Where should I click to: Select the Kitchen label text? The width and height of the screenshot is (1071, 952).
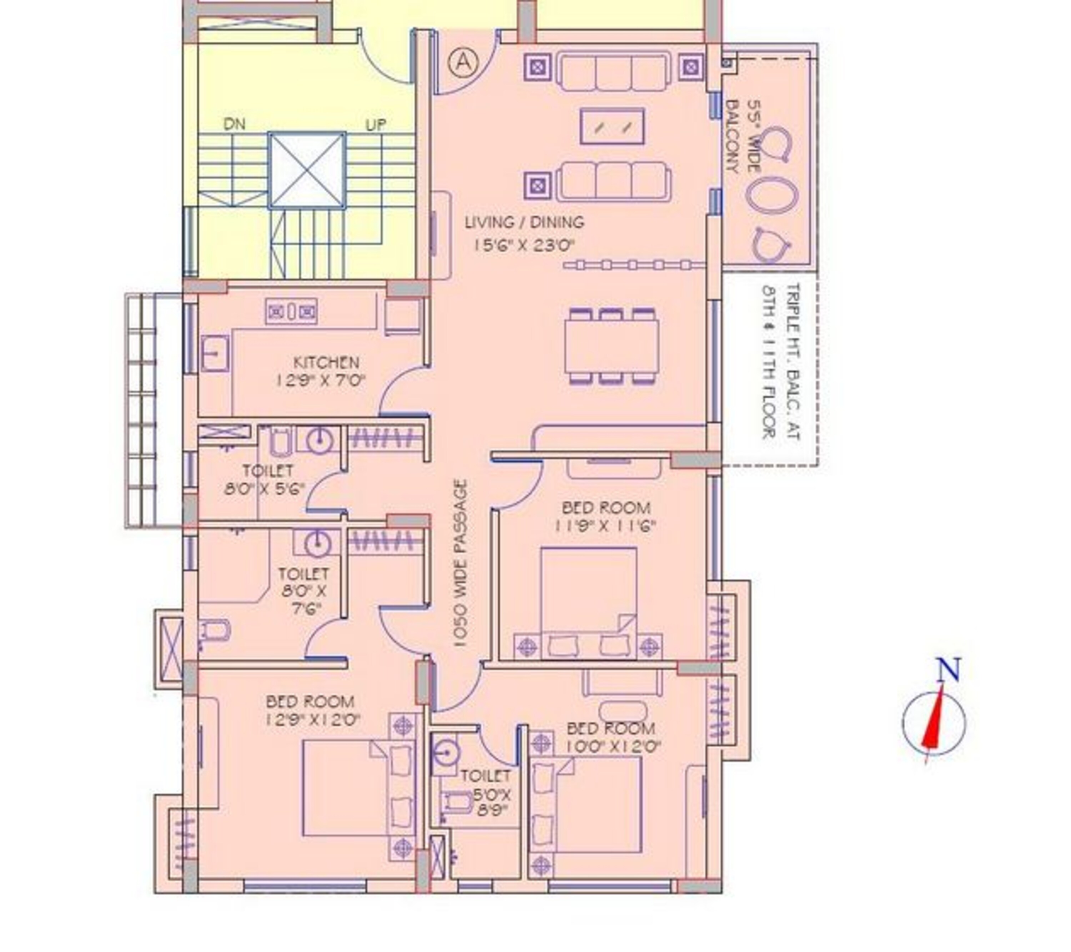pos(326,363)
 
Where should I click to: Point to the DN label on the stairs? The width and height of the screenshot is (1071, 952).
pos(234,124)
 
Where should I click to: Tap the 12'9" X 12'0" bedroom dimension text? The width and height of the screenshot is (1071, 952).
pos(313,720)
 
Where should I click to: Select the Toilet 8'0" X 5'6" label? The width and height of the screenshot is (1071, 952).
pos(265,480)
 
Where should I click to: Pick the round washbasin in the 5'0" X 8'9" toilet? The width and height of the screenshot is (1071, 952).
pos(446,754)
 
